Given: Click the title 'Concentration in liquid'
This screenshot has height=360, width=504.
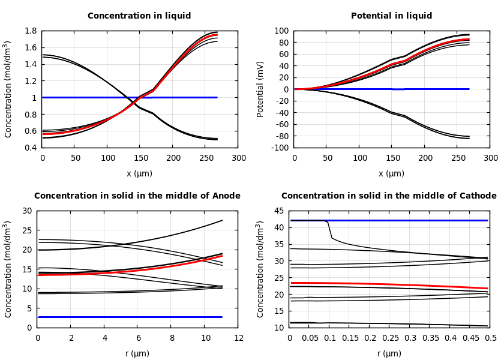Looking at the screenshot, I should tap(139, 16).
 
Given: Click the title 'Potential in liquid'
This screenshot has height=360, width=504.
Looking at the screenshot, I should tap(391, 16).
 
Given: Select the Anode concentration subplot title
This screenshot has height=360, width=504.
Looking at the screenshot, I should tap(137, 196).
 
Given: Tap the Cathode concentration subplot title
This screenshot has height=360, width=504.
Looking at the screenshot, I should tap(389, 196).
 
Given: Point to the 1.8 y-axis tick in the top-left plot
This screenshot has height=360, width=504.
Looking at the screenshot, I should tap(30, 31).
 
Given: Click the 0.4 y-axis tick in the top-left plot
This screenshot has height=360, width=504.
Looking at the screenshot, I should tap(30, 148).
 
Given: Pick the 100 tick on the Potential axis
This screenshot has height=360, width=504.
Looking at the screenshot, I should tap(281, 31).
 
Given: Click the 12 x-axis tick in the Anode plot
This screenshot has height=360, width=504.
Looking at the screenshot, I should tap(238, 338).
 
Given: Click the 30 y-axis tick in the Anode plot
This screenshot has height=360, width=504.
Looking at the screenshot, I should tap(27, 211).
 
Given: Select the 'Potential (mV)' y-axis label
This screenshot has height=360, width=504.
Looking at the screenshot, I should tap(260, 89).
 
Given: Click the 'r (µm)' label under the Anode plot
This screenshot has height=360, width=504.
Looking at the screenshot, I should tap(137, 353).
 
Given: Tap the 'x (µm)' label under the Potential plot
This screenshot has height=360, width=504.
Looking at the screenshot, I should tap(391, 173).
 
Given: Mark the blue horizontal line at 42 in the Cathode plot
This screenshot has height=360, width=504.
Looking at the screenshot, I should tap(420, 220).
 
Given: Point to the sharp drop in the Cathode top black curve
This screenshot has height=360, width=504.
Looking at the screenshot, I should tap(330, 231).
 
